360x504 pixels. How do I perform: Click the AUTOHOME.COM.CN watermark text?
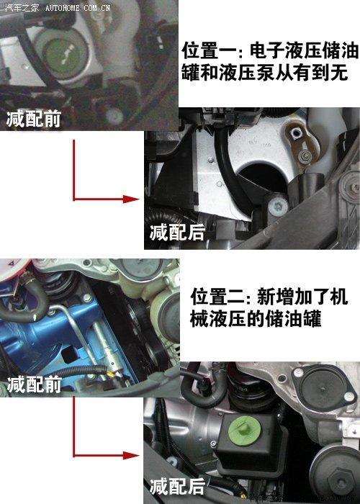point(78,7)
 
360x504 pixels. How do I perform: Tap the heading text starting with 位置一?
point(270,62)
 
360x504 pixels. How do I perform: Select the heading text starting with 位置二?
point(269,307)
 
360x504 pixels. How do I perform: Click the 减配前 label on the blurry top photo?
point(34,120)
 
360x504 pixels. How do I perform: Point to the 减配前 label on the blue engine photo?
point(35,384)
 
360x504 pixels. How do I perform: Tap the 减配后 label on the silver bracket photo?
point(177,232)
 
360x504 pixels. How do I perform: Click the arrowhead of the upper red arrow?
point(131,199)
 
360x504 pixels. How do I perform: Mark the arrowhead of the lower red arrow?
point(131,456)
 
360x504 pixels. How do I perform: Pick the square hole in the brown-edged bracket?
point(294,132)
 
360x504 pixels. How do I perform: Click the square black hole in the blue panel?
point(69,355)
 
